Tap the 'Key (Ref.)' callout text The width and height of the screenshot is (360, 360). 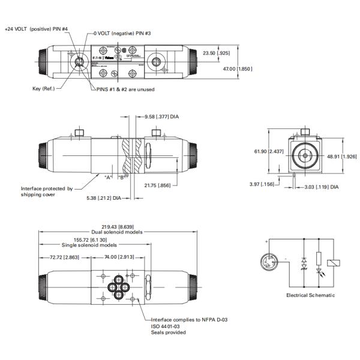pos(45,89)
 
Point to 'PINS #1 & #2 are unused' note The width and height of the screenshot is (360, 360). pos(125,89)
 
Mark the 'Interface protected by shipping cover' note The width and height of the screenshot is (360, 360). pos(47,191)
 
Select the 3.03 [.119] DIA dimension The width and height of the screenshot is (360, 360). pos(318,187)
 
